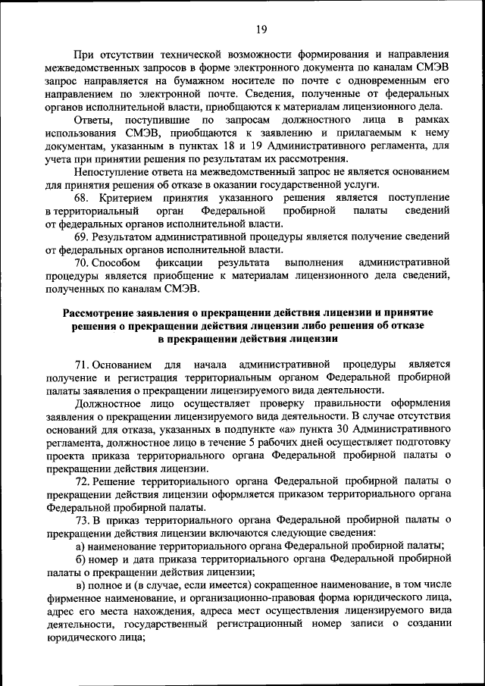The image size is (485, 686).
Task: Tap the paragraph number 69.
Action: point(83,236)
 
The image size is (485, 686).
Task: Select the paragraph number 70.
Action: point(83,262)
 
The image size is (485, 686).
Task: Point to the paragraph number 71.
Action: point(83,365)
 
